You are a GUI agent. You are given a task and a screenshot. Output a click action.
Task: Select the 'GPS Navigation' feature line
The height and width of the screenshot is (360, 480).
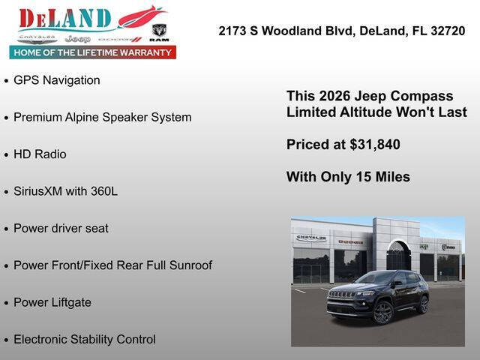click(56, 80)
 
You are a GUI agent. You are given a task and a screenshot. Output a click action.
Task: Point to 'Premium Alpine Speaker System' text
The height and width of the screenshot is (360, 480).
click(102, 117)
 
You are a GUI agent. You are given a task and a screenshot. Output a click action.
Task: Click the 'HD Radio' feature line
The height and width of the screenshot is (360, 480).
click(40, 154)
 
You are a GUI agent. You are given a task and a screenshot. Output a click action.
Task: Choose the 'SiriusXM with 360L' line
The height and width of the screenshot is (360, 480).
click(65, 191)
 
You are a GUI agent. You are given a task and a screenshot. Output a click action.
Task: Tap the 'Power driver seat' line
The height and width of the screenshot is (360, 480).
click(61, 228)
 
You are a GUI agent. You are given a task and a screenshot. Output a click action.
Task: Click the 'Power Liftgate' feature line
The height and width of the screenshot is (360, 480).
click(52, 302)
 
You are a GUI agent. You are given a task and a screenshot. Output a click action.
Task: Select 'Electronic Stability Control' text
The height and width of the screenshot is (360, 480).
click(85, 339)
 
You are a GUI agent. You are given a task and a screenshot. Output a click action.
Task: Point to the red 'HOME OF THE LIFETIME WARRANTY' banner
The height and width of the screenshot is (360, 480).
click(93, 52)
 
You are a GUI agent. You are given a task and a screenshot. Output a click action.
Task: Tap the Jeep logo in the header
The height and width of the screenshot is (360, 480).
click(76, 38)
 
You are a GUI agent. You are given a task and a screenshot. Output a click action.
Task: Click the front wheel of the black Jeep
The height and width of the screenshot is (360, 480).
click(383, 312)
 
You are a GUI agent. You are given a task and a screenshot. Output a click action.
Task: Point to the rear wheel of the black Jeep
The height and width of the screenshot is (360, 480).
click(423, 304)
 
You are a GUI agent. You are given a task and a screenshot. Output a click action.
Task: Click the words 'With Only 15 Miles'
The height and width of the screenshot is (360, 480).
click(348, 177)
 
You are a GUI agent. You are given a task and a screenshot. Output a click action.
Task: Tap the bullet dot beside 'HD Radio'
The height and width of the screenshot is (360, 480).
click(6, 155)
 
